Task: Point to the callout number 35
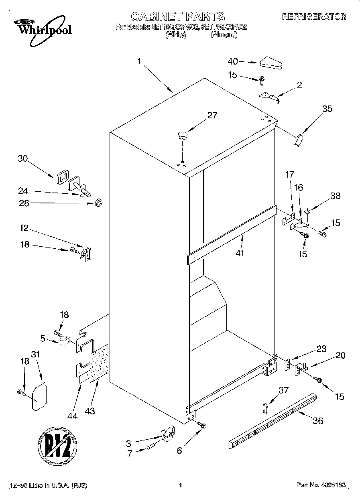click(x=327, y=108)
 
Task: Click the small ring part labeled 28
click(x=98, y=203)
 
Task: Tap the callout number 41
click(x=240, y=253)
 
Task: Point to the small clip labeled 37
click(x=264, y=408)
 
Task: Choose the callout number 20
click(x=340, y=355)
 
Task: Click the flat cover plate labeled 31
click(x=39, y=397)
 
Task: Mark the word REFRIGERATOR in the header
click(x=314, y=16)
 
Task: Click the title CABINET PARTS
click(x=178, y=16)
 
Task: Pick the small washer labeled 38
click(x=307, y=210)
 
